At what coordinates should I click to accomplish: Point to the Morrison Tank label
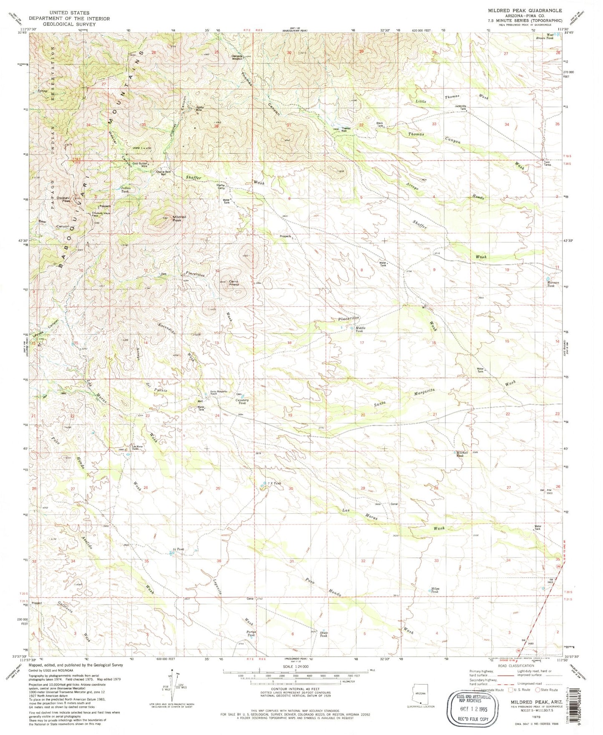(x=553, y=284)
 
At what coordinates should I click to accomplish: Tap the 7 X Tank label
(x=275, y=483)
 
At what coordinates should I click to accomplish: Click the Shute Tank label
(x=324, y=634)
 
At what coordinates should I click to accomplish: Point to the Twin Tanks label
(x=547, y=163)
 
